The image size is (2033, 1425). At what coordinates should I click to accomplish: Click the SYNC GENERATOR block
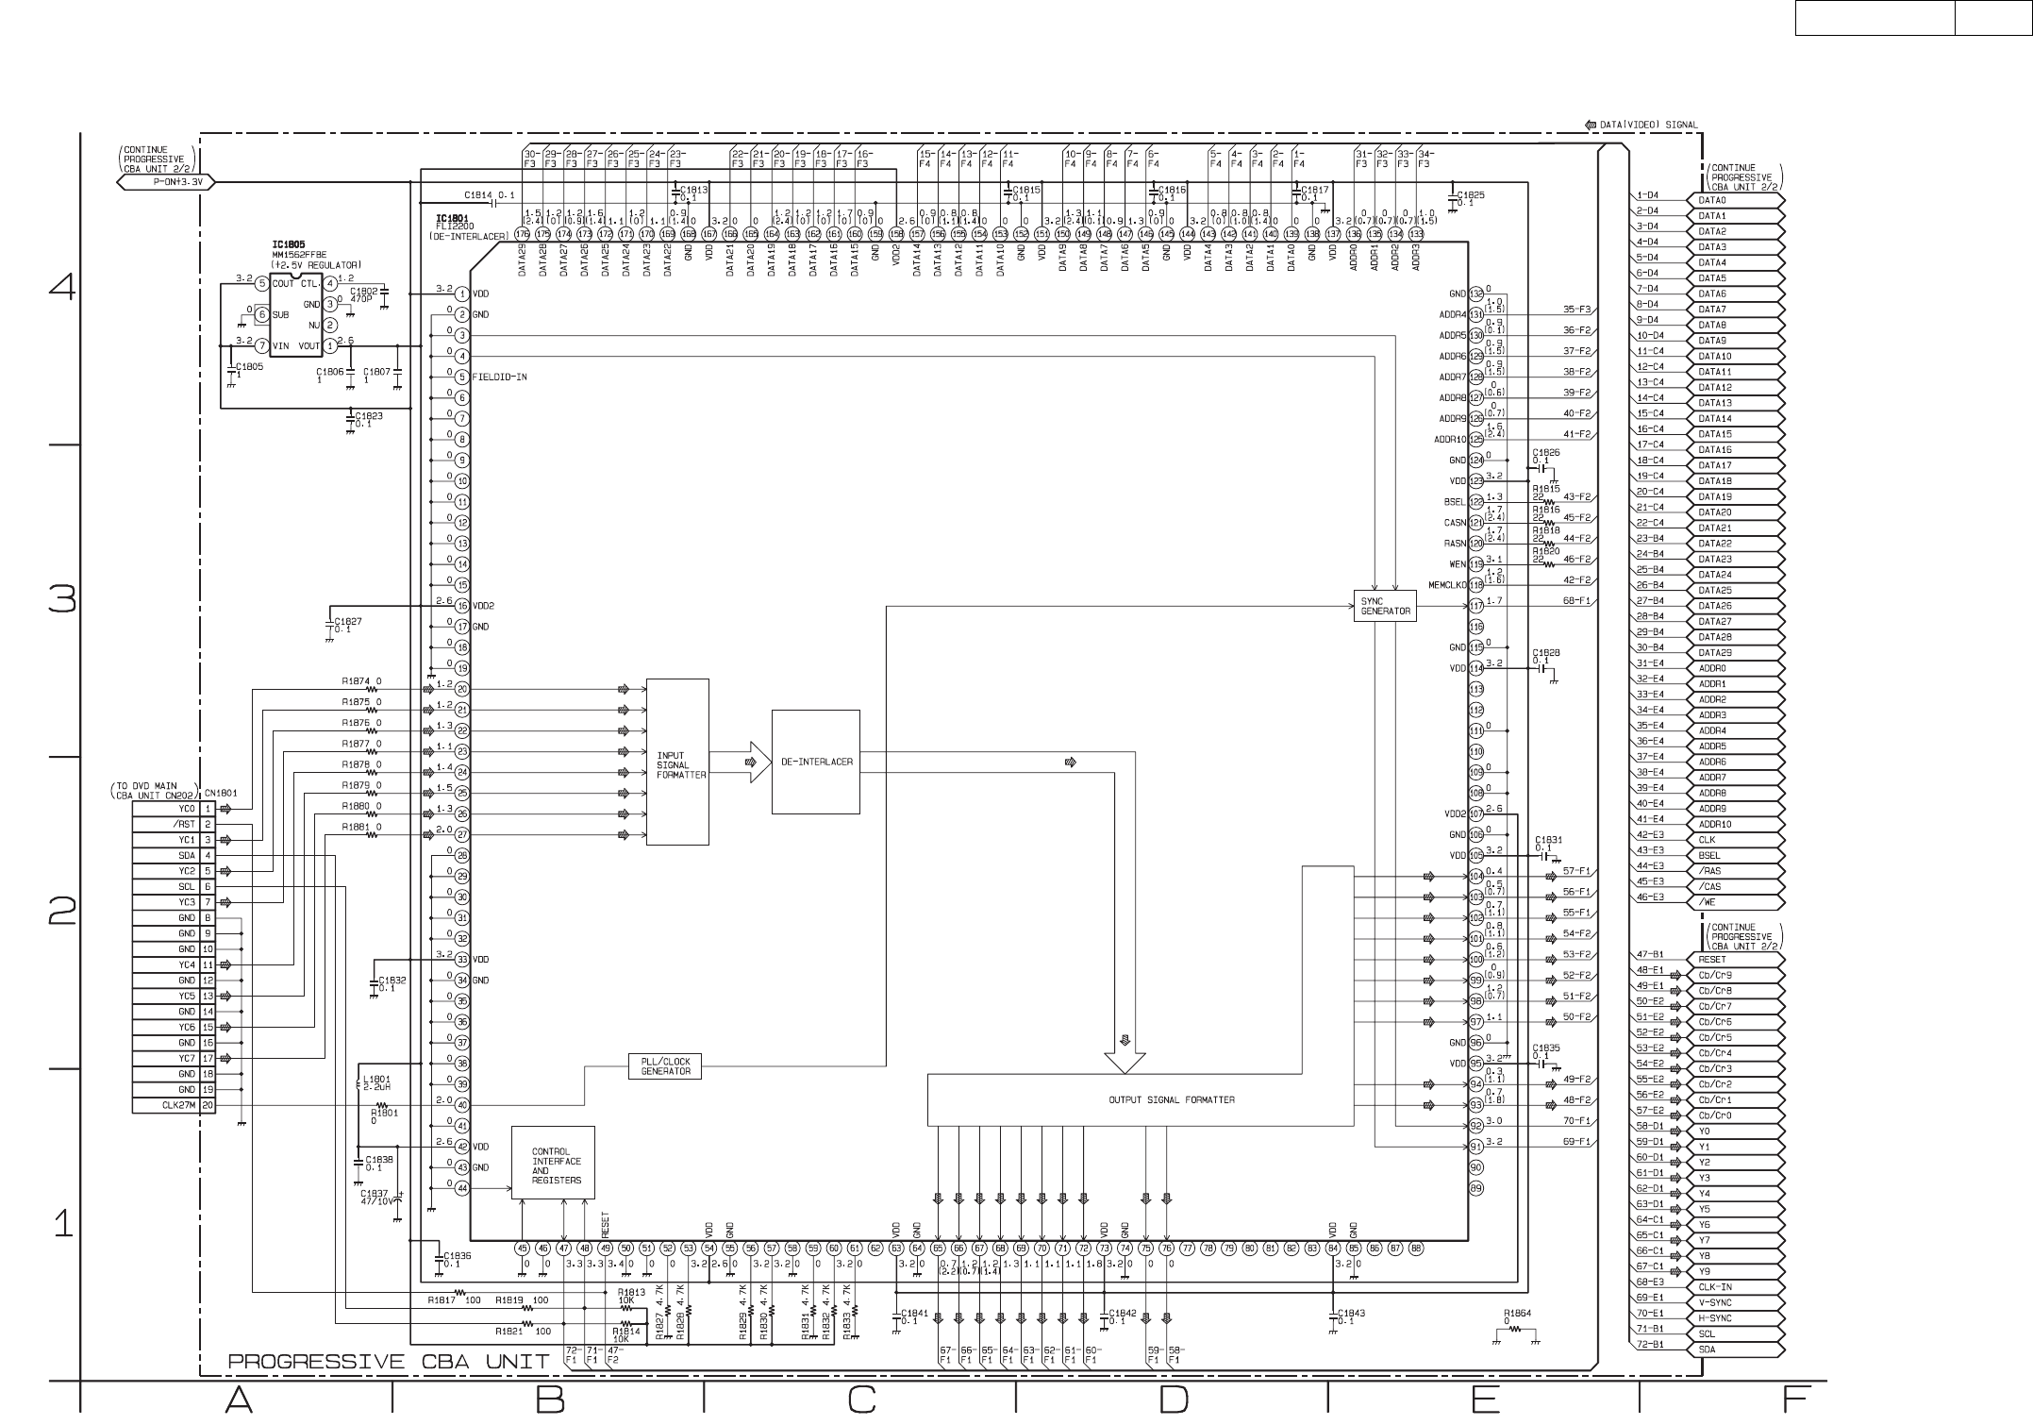tap(1385, 606)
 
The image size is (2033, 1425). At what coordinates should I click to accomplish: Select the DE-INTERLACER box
tap(815, 762)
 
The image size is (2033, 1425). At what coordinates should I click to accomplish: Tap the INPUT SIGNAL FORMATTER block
tap(677, 763)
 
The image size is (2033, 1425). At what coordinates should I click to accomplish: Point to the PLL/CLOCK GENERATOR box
tap(666, 1065)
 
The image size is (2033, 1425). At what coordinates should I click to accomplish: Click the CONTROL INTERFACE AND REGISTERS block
tap(553, 1163)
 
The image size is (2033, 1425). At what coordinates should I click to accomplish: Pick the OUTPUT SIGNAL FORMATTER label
tap(1171, 1099)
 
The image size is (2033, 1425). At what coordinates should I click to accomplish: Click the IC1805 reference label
tap(289, 244)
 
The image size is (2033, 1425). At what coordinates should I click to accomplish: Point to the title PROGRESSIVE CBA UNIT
tap(389, 1362)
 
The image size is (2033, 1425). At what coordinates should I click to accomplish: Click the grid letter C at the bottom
tap(860, 1399)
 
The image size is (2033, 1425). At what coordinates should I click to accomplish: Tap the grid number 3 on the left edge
tap(62, 599)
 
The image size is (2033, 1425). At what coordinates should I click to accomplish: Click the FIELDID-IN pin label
tap(499, 377)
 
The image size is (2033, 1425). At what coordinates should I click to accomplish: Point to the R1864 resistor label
tap(1518, 1313)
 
